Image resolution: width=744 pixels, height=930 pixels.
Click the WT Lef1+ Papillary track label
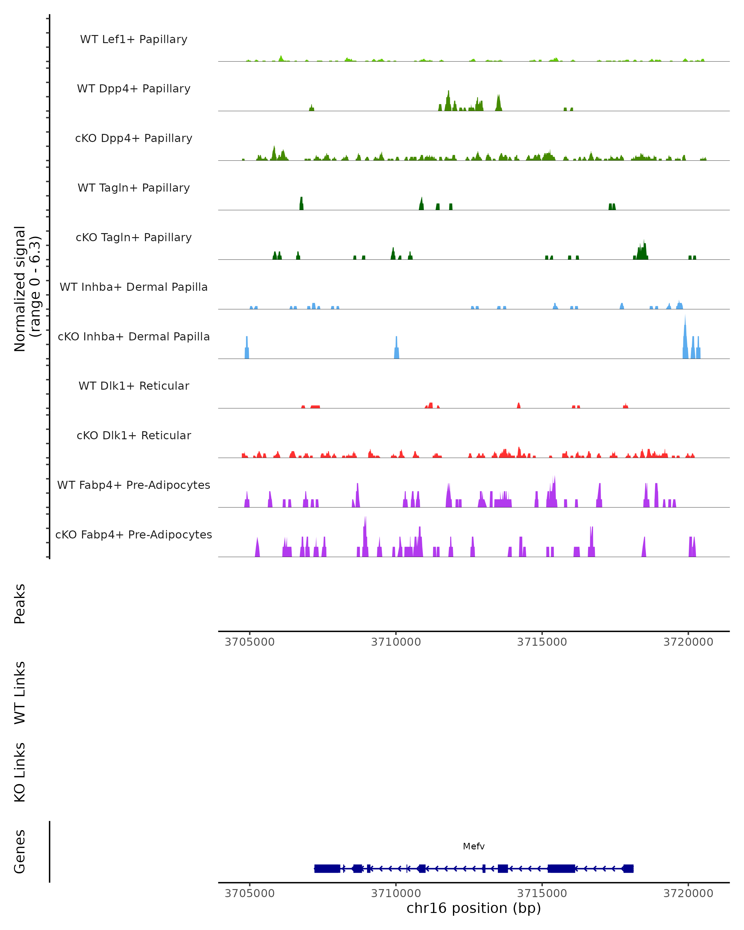pos(134,39)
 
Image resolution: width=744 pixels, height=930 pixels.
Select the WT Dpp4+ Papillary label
pos(134,89)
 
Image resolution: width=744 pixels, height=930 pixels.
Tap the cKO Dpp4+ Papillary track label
pos(134,139)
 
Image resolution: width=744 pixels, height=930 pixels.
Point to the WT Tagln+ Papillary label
pos(134,188)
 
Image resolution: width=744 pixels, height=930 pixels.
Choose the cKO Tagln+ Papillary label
pos(134,238)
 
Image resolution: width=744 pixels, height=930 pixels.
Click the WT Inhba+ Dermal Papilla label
pos(134,287)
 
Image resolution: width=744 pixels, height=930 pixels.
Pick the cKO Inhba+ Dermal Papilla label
pos(134,337)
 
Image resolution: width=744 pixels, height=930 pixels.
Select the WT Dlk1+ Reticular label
pos(134,386)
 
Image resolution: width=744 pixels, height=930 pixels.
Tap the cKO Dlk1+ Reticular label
pos(134,436)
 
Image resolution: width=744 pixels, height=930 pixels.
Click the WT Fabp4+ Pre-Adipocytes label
pos(134,485)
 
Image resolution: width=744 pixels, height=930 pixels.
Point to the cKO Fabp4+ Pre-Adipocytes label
pos(134,535)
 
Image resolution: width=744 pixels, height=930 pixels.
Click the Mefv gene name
pos(474,846)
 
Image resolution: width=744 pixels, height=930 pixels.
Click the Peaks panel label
pos(20,604)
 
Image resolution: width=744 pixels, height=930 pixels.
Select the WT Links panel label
pos(20,692)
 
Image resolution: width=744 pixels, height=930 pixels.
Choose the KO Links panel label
pos(20,772)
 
